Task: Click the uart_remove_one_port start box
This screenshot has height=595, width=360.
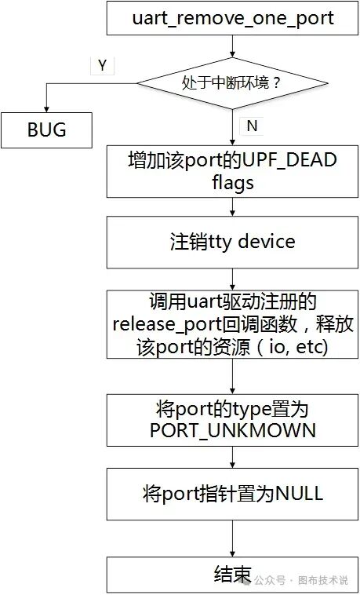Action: [x=233, y=19]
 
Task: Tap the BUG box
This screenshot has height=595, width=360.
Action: [x=46, y=129]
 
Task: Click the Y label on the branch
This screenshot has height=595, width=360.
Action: [x=102, y=66]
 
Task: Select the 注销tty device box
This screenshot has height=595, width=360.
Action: [x=233, y=241]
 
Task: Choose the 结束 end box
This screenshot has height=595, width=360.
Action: [x=233, y=574]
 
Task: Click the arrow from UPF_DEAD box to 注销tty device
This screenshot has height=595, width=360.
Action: [x=233, y=206]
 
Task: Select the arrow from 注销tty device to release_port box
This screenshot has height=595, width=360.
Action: [x=233, y=277]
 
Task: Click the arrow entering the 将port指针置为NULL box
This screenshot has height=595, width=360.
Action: [x=233, y=458]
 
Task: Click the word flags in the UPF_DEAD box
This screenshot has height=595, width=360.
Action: [x=233, y=183]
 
